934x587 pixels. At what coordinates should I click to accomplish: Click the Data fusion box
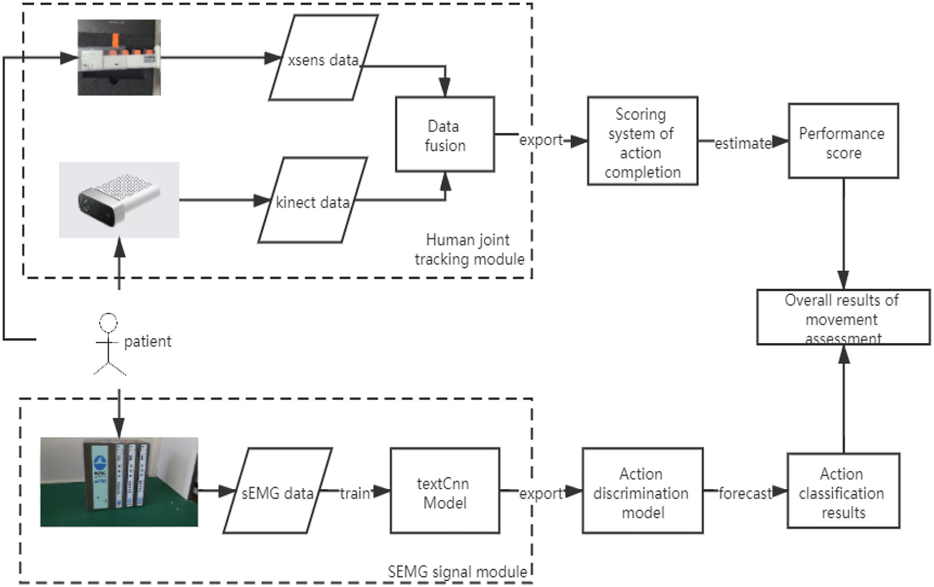(445, 134)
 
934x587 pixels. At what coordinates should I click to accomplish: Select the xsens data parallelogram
(324, 57)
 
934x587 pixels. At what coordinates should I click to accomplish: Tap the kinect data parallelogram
(313, 200)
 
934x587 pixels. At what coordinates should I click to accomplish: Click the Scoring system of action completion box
(643, 141)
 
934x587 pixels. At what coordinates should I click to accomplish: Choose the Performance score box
(843, 141)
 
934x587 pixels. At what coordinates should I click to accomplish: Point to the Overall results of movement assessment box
(843, 317)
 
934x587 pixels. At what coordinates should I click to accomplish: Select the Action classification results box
(843, 490)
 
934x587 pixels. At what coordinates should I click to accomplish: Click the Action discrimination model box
(643, 490)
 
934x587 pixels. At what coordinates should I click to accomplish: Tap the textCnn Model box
(445, 490)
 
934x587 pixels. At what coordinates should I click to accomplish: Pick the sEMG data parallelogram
(278, 490)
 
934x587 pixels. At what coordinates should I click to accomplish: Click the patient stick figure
(109, 344)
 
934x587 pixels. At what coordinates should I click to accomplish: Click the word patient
(148, 341)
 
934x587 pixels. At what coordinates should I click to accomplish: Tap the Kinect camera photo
(119, 200)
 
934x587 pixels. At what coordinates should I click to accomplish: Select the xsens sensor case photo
(119, 57)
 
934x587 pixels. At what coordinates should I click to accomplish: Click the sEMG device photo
(119, 482)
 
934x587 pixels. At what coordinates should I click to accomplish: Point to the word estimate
(743, 143)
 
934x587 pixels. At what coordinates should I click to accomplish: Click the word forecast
(745, 493)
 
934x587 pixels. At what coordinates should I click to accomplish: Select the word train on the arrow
(355, 493)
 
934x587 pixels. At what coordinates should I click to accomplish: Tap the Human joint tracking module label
(469, 249)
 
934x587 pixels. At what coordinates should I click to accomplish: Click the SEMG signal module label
(457, 572)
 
